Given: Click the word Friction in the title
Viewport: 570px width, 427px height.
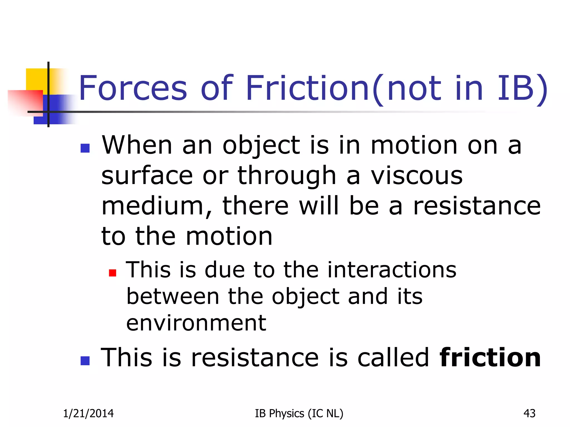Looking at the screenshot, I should [x=308, y=88].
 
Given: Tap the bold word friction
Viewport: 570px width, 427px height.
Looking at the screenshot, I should [x=490, y=358].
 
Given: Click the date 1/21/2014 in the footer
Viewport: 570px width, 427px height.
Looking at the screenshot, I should [x=88, y=414].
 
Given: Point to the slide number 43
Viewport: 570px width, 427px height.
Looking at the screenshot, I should [x=529, y=414].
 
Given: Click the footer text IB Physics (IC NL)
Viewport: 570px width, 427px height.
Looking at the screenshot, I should [x=299, y=414].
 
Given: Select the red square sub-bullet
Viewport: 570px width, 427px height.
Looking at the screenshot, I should [x=112, y=273].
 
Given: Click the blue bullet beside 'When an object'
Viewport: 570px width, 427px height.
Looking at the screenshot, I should [x=85, y=148].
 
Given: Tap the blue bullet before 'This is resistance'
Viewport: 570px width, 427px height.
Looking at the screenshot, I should [x=85, y=361].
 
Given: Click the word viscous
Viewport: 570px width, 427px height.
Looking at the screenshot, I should [x=417, y=176].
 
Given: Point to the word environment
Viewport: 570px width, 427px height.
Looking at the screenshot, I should [x=196, y=323].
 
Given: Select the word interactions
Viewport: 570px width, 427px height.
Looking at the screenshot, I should [x=392, y=270].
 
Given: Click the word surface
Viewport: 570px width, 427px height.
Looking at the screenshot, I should [x=147, y=176].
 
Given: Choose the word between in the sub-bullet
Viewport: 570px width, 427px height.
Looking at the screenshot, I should [x=173, y=297].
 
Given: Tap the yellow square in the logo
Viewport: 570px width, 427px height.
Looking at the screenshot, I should [x=36, y=79].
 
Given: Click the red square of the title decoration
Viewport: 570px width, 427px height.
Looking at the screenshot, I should [x=25, y=101].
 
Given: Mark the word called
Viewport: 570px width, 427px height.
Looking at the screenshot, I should [x=393, y=358].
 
